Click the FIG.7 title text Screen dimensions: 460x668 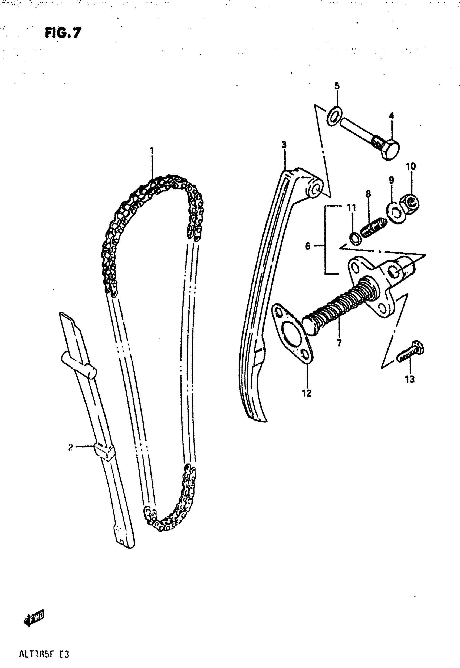[x=63, y=32]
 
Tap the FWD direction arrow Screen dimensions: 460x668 [x=34, y=619]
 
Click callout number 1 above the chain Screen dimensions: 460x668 [x=152, y=151]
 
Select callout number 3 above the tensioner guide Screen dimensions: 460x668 [x=284, y=145]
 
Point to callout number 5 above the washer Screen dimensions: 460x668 [x=337, y=86]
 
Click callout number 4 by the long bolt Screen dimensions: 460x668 [x=391, y=116]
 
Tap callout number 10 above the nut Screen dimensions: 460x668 [x=411, y=167]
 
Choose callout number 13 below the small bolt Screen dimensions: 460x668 [x=410, y=379]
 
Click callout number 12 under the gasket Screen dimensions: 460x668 [x=307, y=393]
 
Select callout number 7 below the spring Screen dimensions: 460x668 [x=339, y=343]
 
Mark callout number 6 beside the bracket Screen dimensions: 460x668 [x=308, y=246]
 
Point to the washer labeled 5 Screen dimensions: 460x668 [x=335, y=116]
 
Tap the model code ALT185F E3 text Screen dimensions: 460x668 [x=44, y=654]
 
